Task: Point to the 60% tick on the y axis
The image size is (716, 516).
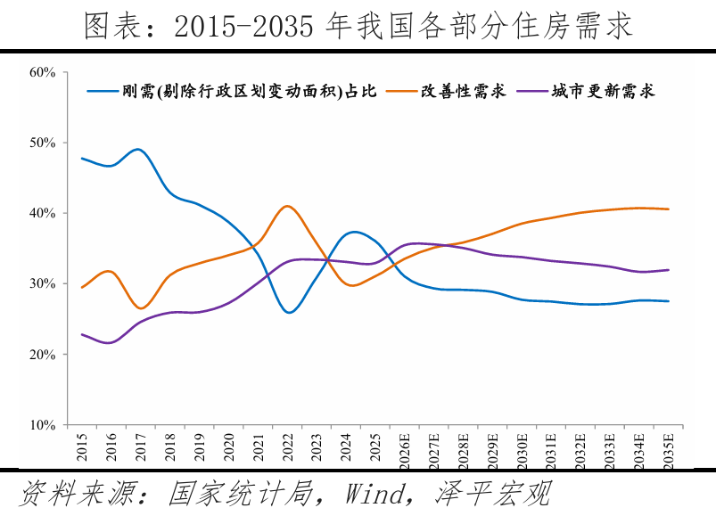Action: [x=43, y=72]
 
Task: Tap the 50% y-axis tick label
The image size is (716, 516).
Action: [x=43, y=143]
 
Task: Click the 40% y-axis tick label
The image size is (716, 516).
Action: [x=43, y=213]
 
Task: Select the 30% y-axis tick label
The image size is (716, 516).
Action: [x=43, y=283]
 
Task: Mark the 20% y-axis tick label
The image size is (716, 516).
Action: [x=43, y=355]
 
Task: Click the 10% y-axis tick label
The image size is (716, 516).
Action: [x=43, y=425]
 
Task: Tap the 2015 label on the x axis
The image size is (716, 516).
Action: [x=82, y=446]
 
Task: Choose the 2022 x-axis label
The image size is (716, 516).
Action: [x=287, y=446]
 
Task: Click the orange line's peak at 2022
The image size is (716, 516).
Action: [x=286, y=206]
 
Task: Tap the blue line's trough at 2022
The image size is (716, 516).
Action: [x=288, y=313]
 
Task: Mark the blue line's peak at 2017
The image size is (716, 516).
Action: [x=139, y=149]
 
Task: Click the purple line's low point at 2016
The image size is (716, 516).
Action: [x=110, y=343]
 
